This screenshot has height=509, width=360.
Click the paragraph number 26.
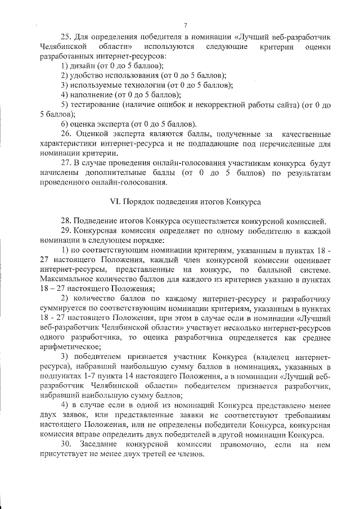point(64,133)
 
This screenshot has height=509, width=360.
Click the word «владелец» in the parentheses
point(276,358)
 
